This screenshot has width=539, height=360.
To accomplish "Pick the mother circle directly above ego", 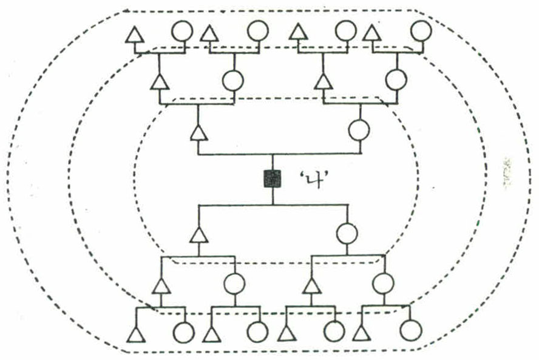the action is tap(359, 130).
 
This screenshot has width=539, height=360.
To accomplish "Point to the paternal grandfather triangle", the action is tap(158, 81).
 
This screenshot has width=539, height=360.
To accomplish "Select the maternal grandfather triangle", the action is tap(324, 81).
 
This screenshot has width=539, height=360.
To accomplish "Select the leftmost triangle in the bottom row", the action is tap(136, 334).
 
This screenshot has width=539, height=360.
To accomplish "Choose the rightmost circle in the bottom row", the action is tap(410, 331).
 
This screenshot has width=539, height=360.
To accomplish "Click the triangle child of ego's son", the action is tap(160, 285).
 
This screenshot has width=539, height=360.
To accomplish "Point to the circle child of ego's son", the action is tap(234, 284).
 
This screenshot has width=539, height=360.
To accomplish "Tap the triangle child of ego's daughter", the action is tap(311, 285).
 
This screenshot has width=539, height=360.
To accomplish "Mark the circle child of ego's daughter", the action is tap(384, 284).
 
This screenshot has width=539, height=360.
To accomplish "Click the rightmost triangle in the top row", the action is tap(372, 34).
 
